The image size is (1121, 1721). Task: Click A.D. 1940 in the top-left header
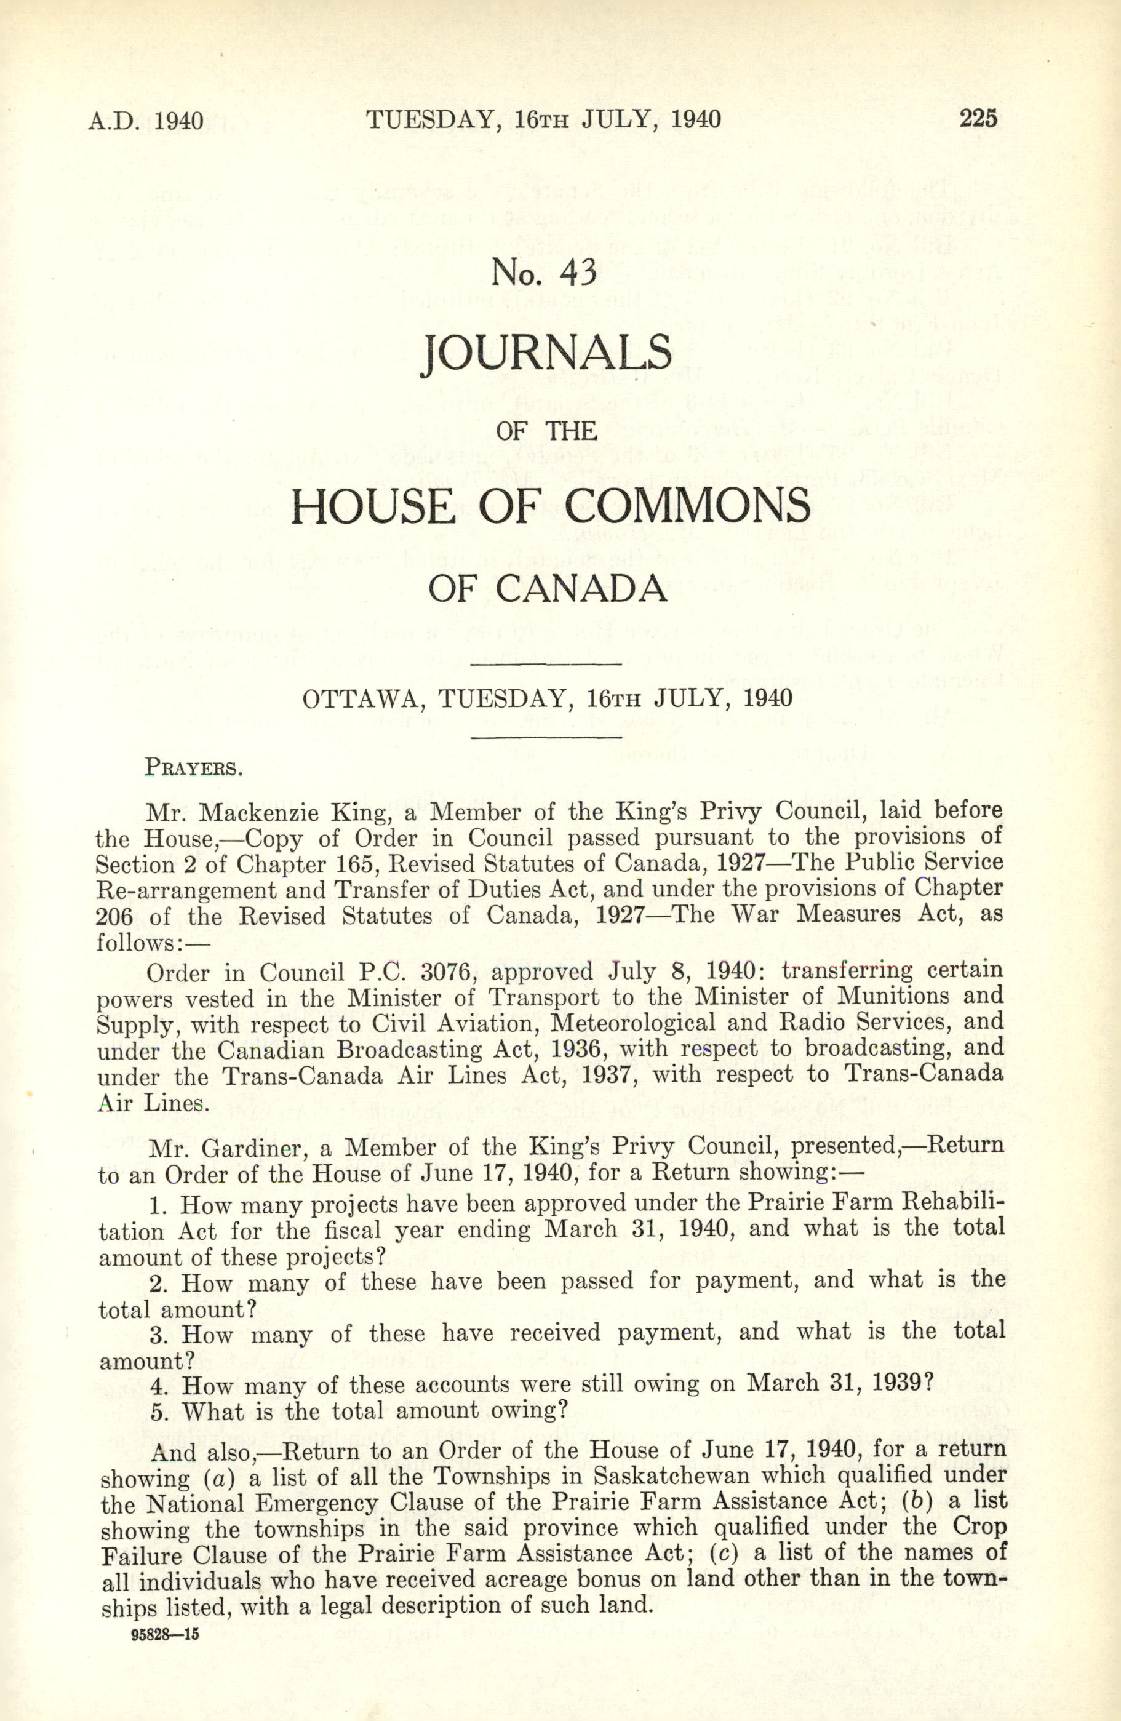[x=145, y=119]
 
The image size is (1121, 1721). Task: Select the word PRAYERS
[x=193, y=767]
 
